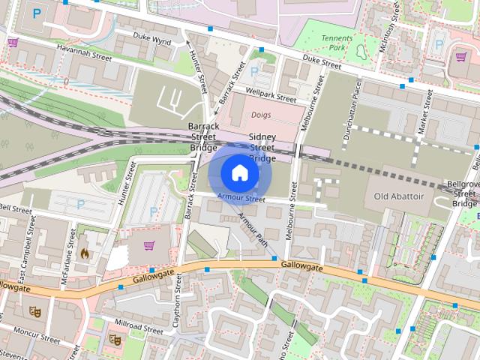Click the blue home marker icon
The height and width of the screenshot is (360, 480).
pos(239,173)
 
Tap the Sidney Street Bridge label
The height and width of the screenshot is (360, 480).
pos(262,148)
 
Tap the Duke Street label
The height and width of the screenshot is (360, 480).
pos(321,66)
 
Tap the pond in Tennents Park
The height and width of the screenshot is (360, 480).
pos(360,52)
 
